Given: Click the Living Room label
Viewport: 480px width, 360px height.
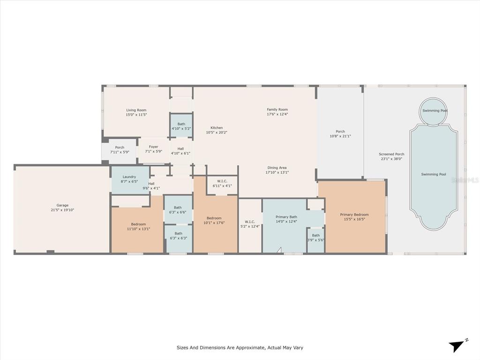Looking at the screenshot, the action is (x=136, y=110).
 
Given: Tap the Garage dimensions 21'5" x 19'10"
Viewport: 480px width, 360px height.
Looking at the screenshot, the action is (x=62, y=210).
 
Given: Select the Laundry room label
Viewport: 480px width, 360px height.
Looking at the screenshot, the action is (x=129, y=177).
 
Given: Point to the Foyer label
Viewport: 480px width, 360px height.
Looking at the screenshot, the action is (x=153, y=147).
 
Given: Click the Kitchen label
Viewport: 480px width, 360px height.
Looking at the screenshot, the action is (x=217, y=127).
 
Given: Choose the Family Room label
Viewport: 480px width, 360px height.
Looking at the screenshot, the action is (x=277, y=110).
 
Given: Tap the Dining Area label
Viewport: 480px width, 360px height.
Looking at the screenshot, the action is (x=277, y=168).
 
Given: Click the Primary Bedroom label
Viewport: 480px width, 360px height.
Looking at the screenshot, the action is (x=354, y=215).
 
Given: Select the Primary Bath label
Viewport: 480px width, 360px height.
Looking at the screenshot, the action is (x=286, y=217).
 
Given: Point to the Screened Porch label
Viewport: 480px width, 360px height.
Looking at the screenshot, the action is (x=391, y=154).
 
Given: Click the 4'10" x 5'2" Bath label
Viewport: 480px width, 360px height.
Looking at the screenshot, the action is (x=181, y=124).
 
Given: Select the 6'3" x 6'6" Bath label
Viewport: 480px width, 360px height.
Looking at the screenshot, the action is (x=178, y=208).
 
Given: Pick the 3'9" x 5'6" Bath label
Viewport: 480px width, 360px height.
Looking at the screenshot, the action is (x=316, y=235).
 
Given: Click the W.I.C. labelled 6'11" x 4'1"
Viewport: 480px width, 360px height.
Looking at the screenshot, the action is (x=222, y=181).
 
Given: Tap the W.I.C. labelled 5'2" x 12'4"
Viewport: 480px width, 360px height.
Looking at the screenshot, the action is (x=250, y=222).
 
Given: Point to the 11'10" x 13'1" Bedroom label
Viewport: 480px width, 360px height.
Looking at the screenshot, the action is (x=138, y=224).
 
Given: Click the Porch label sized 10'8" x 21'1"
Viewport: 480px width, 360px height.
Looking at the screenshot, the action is (x=340, y=131).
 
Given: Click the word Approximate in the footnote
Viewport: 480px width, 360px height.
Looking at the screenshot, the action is (x=249, y=348).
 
